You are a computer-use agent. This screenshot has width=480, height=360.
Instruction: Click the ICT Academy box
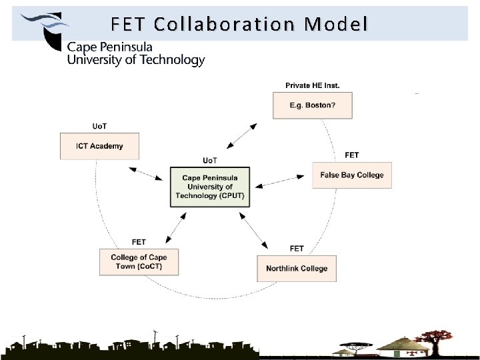point(99,146)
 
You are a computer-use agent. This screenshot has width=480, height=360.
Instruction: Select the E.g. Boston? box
point(312,105)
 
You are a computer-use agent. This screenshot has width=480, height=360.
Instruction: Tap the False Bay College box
point(351,175)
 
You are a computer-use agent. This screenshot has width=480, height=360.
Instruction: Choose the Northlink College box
point(297,268)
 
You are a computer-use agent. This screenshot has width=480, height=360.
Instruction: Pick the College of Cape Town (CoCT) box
point(139,261)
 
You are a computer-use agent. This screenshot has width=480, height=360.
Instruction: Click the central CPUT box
point(210,187)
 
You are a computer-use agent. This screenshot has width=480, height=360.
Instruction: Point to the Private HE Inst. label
point(312,85)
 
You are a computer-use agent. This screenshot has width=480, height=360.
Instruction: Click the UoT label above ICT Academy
point(99,127)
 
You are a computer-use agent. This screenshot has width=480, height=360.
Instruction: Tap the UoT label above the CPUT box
point(210,160)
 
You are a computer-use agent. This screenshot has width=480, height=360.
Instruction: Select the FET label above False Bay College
point(351,155)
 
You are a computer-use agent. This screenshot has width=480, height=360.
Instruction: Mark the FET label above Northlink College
point(297,249)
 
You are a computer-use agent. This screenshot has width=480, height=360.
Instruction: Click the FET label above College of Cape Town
point(139,241)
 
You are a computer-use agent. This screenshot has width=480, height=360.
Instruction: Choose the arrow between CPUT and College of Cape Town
point(174,226)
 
